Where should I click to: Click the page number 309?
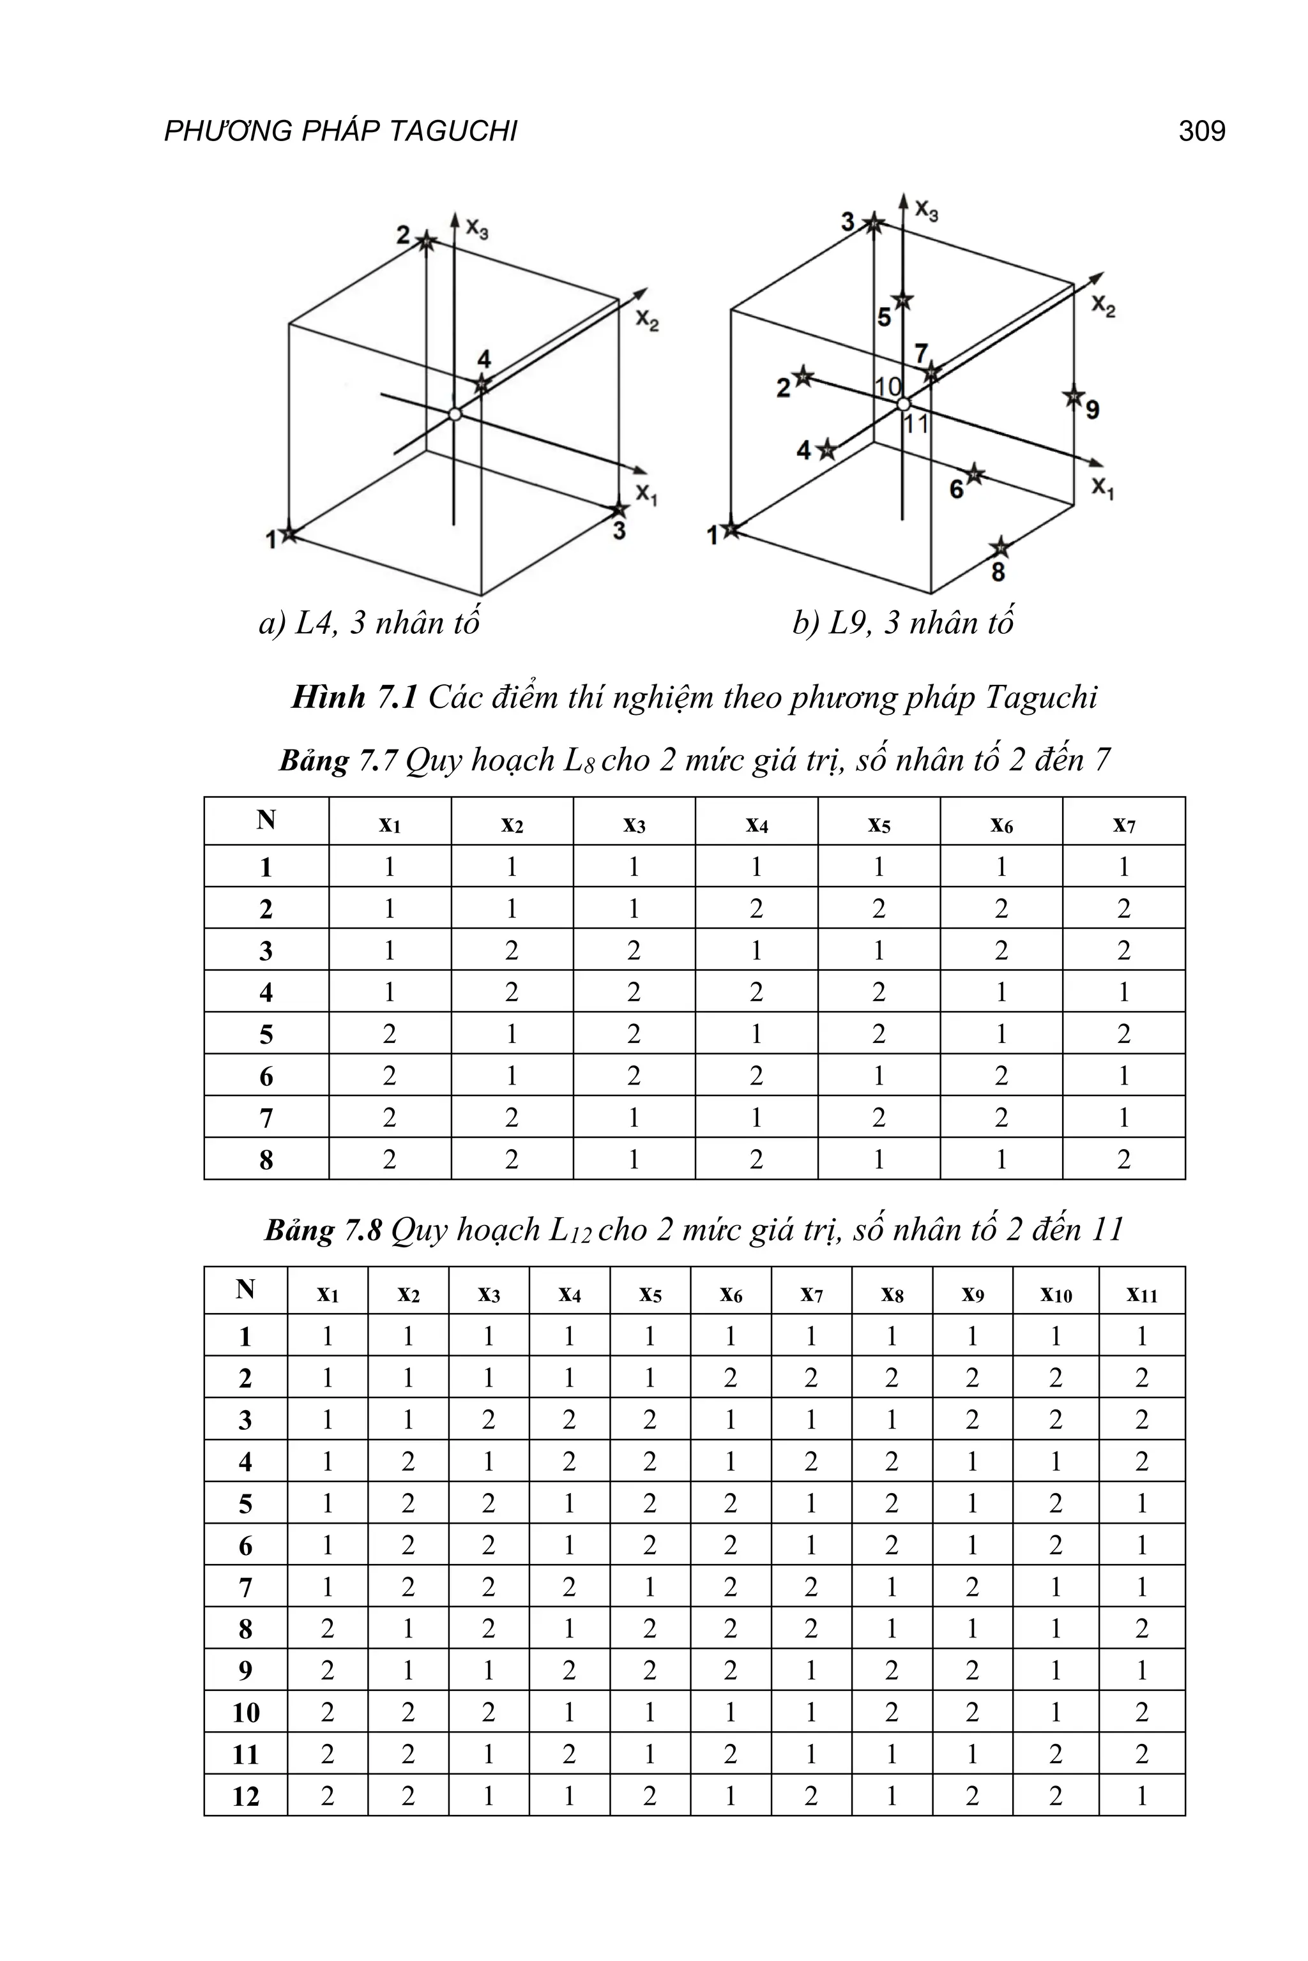point(1201,131)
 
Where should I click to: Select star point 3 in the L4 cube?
point(618,509)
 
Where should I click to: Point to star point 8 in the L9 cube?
point(1000,548)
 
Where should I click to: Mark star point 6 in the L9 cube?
point(975,475)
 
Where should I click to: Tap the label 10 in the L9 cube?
point(888,386)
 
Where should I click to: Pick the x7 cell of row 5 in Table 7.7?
point(1123,1034)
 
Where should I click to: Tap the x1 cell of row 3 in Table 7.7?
point(390,950)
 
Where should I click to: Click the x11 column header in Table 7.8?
point(1141,1294)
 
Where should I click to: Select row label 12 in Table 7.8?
point(246,1797)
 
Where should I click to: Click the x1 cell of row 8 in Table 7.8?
point(328,1628)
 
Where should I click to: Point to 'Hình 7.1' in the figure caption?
point(354,697)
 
